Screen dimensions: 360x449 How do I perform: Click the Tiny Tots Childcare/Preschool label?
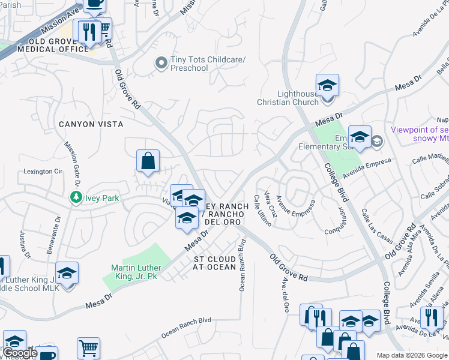tap(189, 64)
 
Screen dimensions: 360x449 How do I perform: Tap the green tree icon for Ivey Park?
tap(76, 197)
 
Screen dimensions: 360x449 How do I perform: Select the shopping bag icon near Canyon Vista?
tap(148, 161)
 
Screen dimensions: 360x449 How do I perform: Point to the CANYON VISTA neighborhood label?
tap(91, 124)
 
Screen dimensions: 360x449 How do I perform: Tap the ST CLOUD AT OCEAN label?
tap(215, 263)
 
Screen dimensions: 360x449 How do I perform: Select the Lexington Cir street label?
tap(43, 172)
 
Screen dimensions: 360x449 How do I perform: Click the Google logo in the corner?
tap(20, 353)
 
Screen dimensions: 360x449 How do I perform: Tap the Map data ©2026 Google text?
tap(412, 355)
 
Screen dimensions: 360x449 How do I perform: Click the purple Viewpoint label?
tap(420, 134)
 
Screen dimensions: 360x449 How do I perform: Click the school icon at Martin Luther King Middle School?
tap(67, 273)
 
